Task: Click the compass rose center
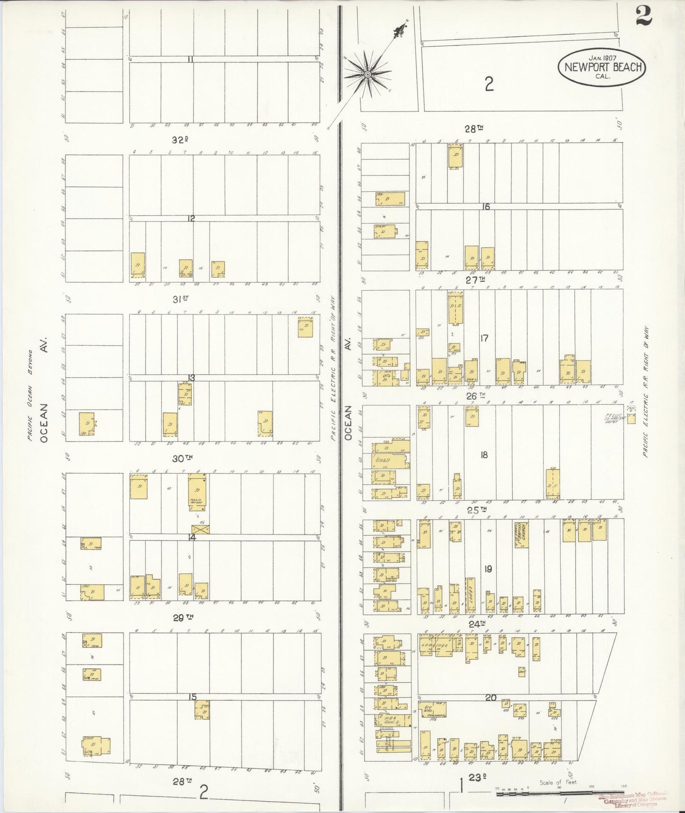pos(367,74)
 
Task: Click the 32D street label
pos(180,140)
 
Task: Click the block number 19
pos(488,569)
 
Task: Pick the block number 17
pos(484,338)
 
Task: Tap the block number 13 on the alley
pos(192,378)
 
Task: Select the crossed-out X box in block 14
pos(200,530)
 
